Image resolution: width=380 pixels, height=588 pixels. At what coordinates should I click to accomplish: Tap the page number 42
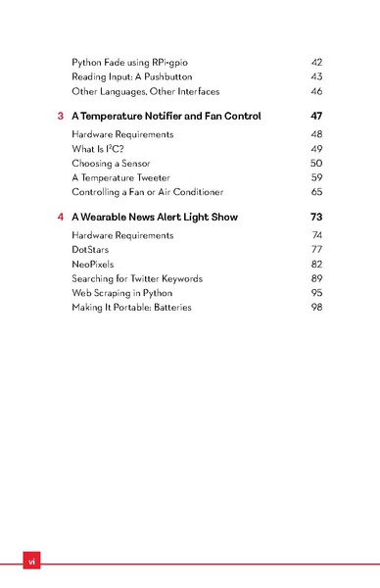(316, 62)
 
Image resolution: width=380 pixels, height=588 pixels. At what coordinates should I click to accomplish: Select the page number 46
(316, 91)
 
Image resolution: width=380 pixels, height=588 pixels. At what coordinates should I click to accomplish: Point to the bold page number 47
(315, 117)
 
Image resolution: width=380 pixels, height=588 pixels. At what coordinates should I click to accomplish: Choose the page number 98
(316, 307)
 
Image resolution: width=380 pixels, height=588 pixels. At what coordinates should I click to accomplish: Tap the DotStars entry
(91, 250)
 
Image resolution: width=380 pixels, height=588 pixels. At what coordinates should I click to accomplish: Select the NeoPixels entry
(93, 265)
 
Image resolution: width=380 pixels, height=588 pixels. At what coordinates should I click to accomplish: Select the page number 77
(316, 250)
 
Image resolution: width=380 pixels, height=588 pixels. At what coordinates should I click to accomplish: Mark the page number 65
(316, 192)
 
